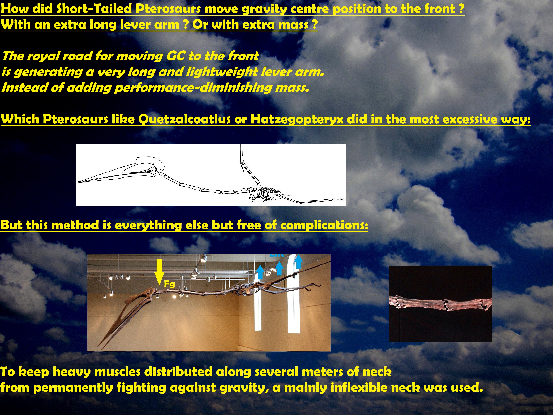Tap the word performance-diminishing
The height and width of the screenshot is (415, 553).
tap(205, 88)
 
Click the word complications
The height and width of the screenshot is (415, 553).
tap(324, 225)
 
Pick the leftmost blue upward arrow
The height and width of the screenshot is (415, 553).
tap(260, 272)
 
